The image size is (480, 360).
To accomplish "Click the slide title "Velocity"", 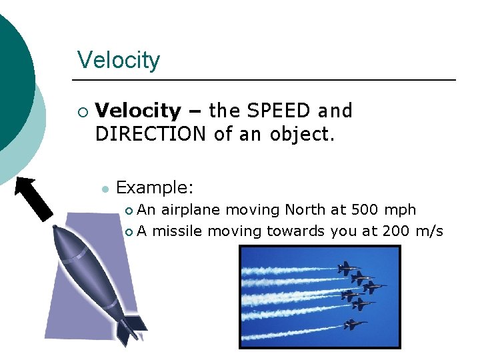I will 119,60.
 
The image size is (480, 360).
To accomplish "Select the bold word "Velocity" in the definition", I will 138,111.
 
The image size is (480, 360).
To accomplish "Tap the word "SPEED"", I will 279,111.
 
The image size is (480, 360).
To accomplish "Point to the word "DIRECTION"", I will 151,134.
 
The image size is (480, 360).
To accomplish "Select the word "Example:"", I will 155,187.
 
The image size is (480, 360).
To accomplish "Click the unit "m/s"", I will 429,231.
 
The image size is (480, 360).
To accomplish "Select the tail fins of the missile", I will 131,327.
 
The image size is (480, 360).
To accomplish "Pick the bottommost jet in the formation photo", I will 354,325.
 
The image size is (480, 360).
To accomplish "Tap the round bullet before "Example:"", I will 105,189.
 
